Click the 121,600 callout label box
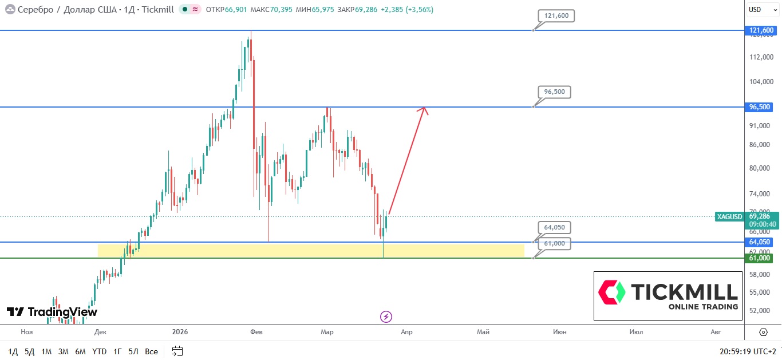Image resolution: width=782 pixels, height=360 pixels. click(556, 16)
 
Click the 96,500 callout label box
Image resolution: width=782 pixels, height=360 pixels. click(554, 92)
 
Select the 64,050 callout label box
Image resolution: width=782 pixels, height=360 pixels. click(554, 227)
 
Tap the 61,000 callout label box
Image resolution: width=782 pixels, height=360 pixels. click(554, 243)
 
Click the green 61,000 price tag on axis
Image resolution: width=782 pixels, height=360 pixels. click(760, 258)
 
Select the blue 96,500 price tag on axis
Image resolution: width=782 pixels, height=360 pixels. click(760, 107)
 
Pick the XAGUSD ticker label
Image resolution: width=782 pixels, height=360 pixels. click(729, 217)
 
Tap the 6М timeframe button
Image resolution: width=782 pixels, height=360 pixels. click(81, 351)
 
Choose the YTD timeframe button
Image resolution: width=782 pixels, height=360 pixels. click(99, 351)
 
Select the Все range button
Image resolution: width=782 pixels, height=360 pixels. click(151, 351)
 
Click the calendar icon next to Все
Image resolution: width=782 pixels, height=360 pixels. click(177, 351)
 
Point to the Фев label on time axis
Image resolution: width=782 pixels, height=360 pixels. click(256, 332)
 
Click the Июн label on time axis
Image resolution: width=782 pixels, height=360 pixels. click(559, 332)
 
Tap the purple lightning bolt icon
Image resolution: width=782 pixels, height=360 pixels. click(386, 317)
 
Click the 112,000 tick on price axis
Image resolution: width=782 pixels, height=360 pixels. click(760, 57)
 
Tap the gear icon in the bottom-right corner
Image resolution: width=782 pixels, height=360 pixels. click(763, 332)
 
